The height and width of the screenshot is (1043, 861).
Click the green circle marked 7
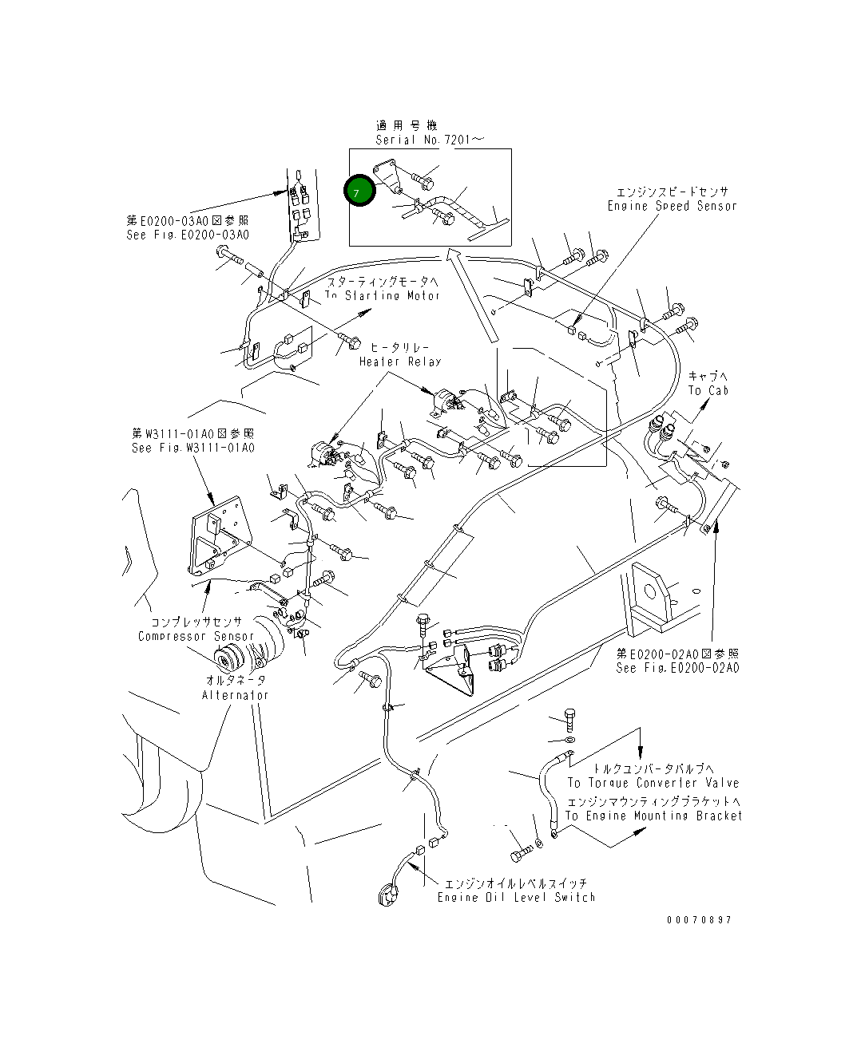359,192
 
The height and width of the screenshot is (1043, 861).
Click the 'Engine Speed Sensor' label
672,206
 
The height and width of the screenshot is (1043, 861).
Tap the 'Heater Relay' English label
399,361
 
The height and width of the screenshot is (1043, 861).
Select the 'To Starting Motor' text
382,296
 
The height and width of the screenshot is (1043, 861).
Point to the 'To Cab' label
708,390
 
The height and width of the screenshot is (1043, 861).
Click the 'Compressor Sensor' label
196,636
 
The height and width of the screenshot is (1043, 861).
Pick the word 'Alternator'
235,695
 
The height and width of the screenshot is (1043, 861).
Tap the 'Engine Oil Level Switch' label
516,898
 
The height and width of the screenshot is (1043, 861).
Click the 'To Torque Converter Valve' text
653,784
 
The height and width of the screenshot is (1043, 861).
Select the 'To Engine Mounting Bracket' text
653,816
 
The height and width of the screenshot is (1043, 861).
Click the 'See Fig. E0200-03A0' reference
188,235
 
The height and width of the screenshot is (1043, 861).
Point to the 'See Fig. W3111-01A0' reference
193,448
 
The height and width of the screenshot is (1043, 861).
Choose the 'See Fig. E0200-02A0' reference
677,668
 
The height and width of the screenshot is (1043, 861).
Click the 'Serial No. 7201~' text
430,140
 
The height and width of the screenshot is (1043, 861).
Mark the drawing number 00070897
699,920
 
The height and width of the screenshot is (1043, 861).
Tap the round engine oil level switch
389,894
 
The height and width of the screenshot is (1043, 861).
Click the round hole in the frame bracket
649,591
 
